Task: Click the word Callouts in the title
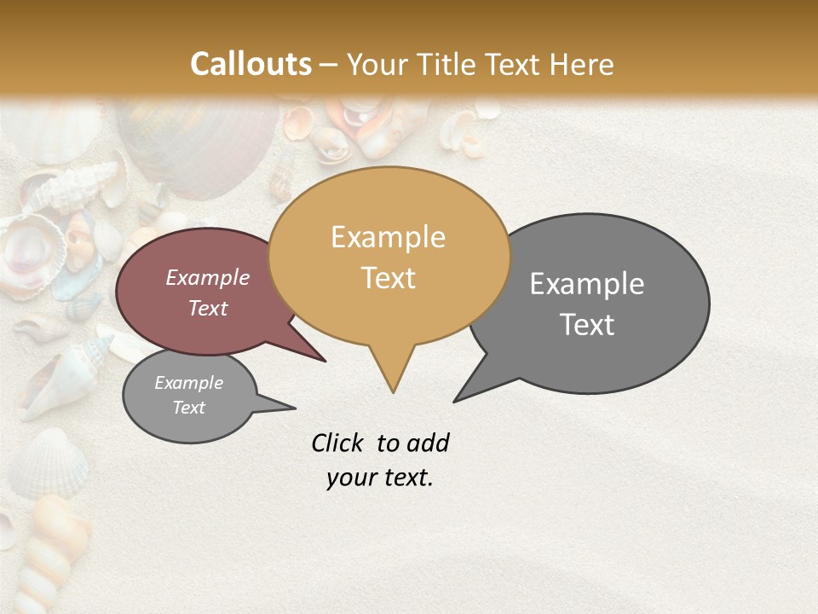click(x=251, y=64)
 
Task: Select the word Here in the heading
click(x=582, y=64)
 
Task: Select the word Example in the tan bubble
click(x=388, y=237)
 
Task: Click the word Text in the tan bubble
click(x=388, y=278)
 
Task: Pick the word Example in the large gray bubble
click(x=587, y=284)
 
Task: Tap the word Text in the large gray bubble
click(x=587, y=325)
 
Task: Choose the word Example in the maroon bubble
click(x=207, y=277)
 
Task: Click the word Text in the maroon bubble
click(x=207, y=308)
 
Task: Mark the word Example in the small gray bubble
click(x=188, y=383)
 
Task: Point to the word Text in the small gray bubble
click(x=188, y=408)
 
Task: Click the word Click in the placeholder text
click(x=338, y=443)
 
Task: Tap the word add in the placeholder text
click(x=428, y=443)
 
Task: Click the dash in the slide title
click(x=330, y=65)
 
